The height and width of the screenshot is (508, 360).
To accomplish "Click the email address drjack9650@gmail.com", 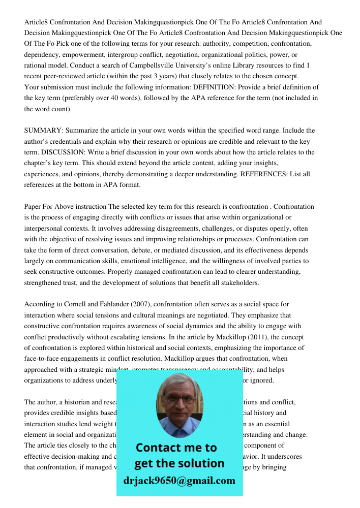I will point(179,480).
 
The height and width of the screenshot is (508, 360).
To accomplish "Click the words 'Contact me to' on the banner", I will point(176,448).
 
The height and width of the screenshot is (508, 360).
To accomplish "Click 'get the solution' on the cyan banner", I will point(179,463).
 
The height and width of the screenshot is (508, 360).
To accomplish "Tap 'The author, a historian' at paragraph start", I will point(57,402).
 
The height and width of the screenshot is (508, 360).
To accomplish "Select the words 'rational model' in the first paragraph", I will point(45,66).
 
